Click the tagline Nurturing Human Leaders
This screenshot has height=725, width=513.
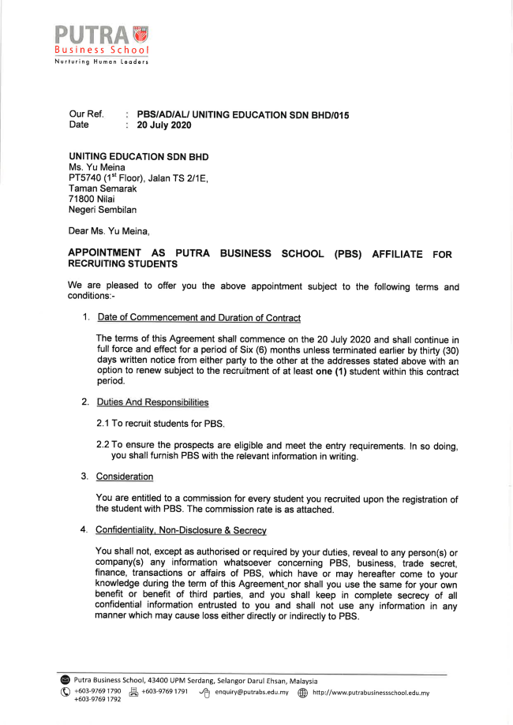tap(101, 62)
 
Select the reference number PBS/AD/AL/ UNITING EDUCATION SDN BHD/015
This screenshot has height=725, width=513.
tap(243, 115)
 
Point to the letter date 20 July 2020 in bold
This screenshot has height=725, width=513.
tap(164, 125)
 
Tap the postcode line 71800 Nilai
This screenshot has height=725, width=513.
tap(92, 200)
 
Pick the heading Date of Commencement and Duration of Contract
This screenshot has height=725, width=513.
tap(199, 318)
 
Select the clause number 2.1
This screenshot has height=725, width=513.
tap(103, 424)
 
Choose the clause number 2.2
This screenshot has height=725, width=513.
tap(103, 446)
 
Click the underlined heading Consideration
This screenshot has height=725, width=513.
tap(125, 476)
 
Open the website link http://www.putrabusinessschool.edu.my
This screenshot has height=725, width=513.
tap(370, 693)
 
